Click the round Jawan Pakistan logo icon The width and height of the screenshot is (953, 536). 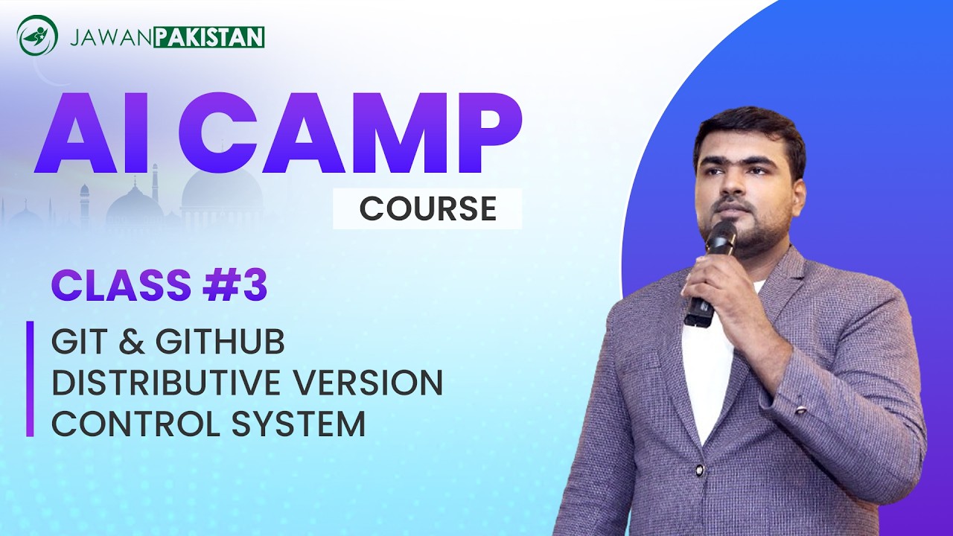coord(37,36)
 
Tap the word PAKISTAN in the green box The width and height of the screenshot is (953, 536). coord(209,36)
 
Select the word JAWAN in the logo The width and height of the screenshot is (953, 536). coord(111,36)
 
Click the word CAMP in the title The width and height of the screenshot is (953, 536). coord(351,133)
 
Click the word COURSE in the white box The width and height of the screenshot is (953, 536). coord(427,209)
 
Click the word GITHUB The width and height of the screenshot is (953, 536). coord(220,342)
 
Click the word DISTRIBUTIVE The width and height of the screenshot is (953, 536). coord(165,383)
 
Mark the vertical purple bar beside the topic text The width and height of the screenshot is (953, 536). coord(30,379)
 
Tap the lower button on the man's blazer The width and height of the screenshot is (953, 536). coord(699,470)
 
